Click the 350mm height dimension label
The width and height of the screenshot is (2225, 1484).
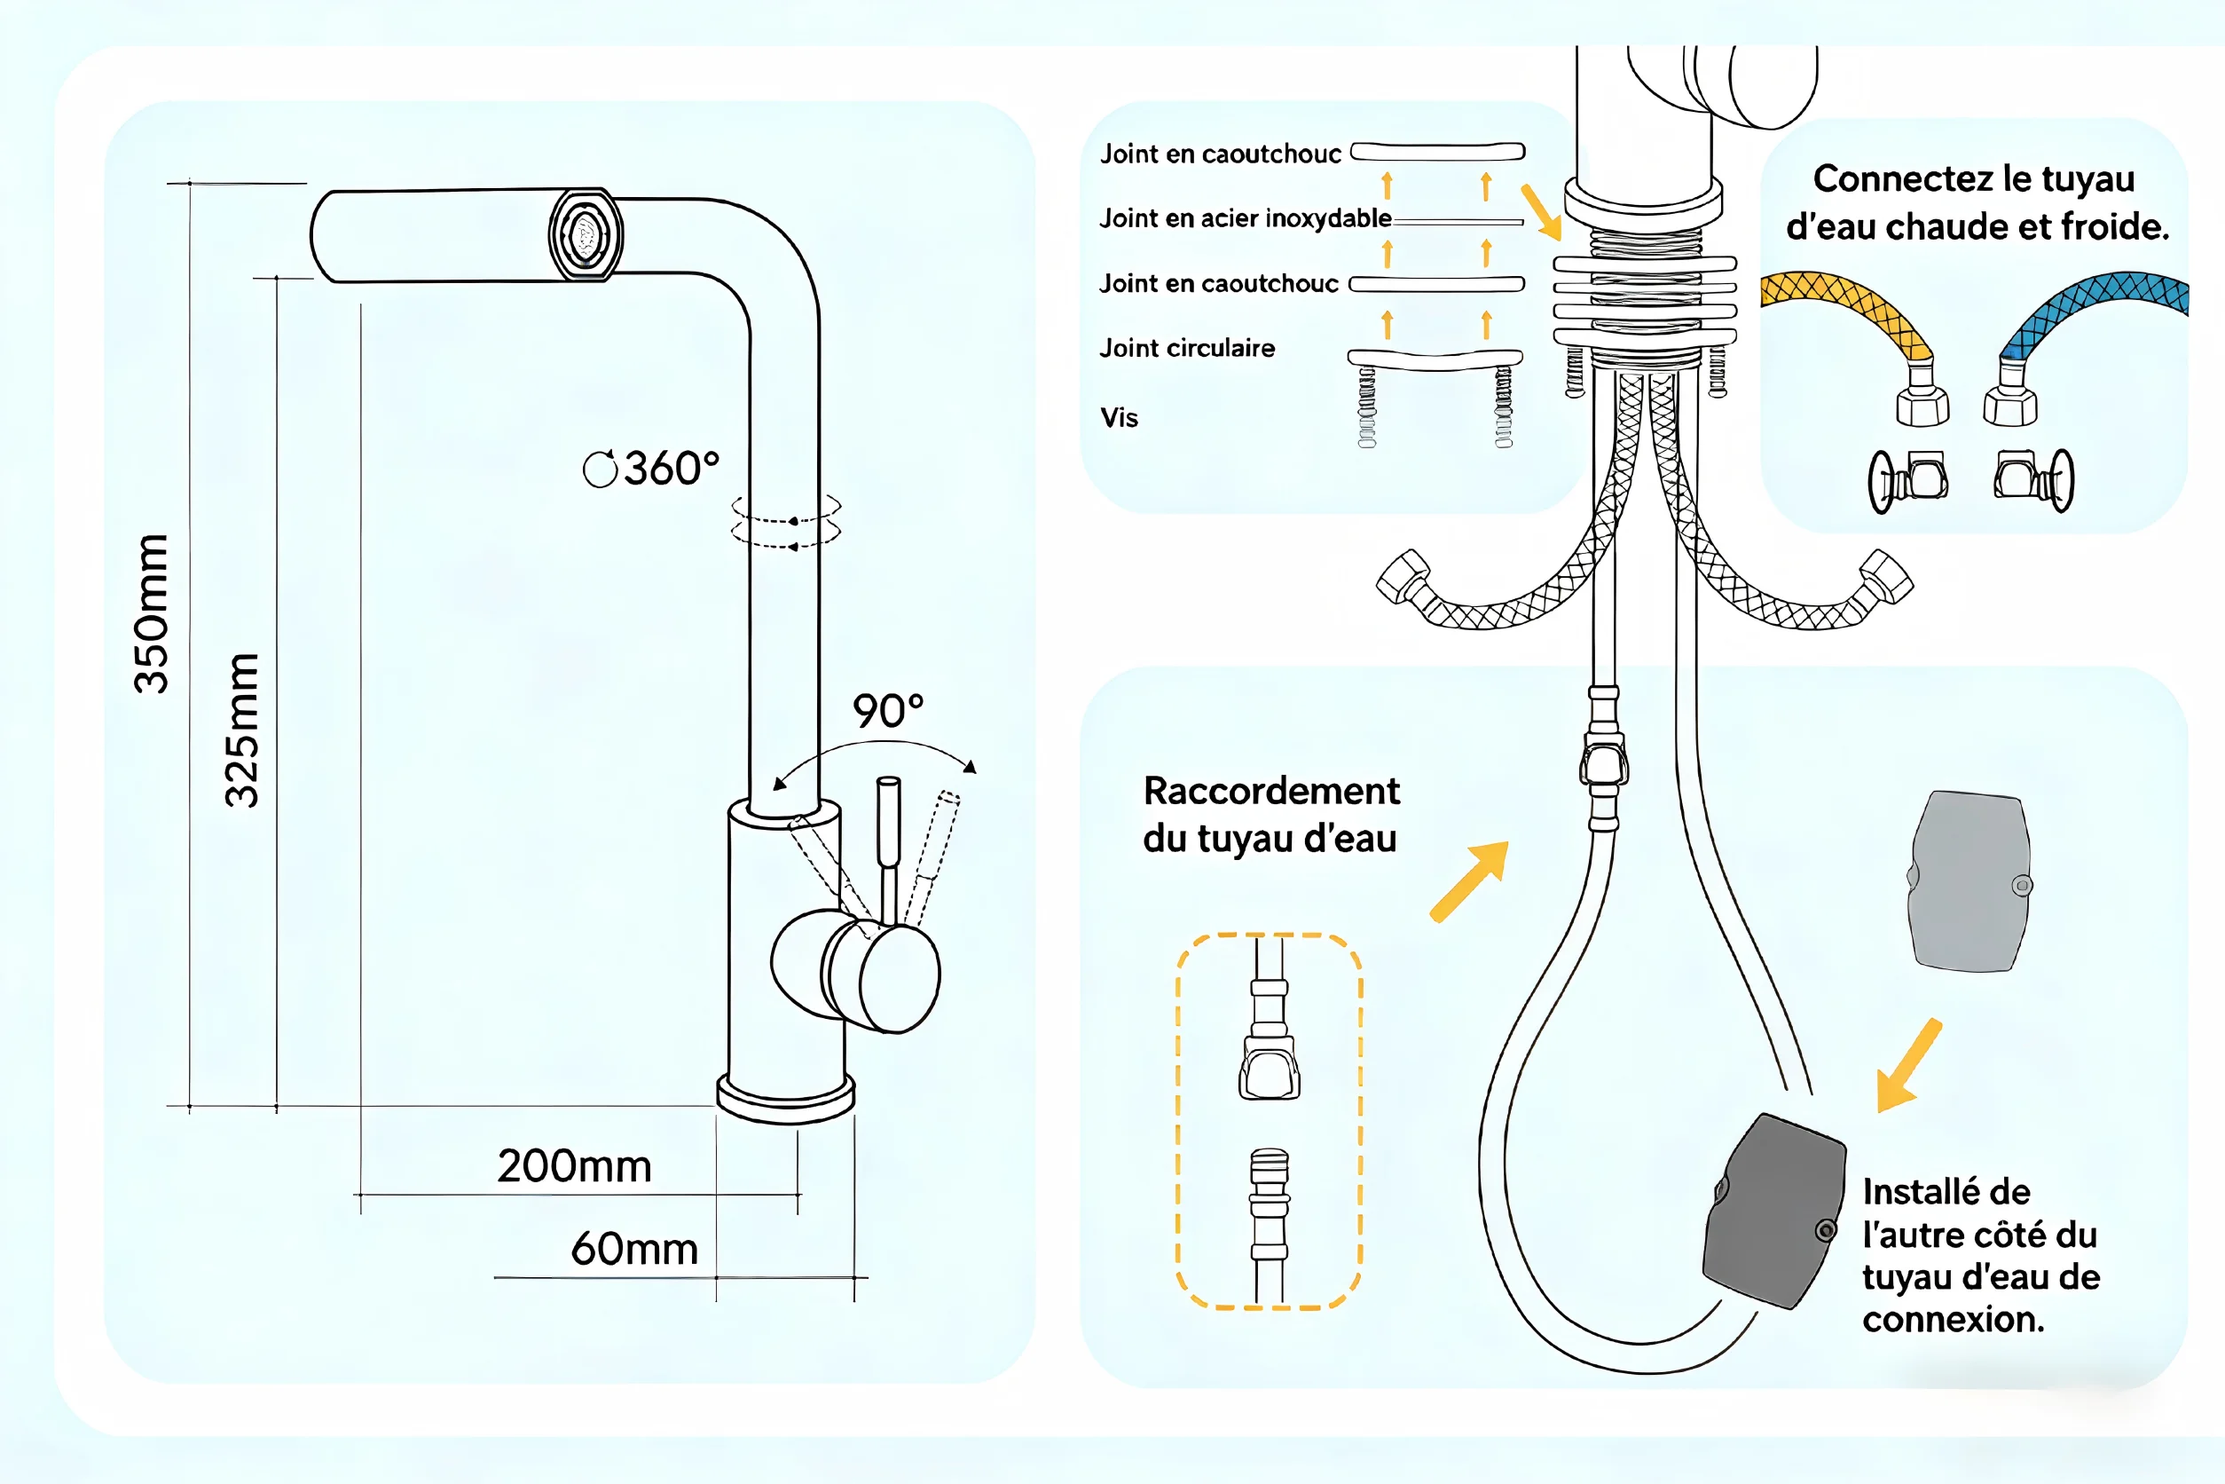[153, 613]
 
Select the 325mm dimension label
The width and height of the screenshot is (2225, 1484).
[241, 730]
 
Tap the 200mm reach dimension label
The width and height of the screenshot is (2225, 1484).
[574, 1166]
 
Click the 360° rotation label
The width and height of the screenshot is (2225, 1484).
[652, 468]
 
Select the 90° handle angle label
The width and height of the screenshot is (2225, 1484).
[887, 711]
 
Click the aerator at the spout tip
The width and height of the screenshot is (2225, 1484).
[586, 233]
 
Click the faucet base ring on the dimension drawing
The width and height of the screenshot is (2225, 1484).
[786, 1099]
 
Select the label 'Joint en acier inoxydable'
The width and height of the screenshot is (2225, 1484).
[1245, 218]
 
